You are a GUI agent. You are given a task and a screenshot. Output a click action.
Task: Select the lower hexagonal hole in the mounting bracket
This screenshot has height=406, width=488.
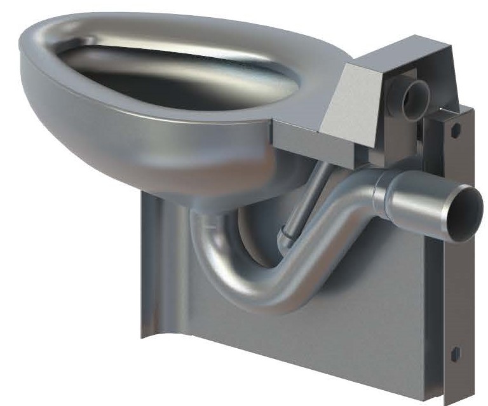tap(454, 353)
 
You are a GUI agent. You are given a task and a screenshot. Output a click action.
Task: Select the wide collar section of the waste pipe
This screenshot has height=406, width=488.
tap(413, 200)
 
